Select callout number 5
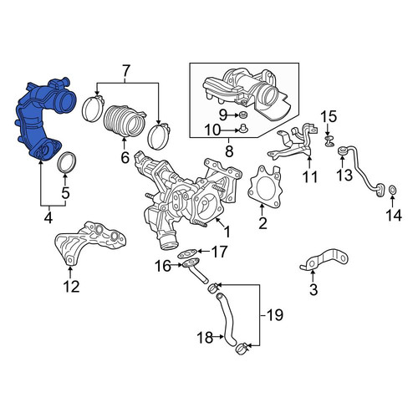click(x=65, y=192)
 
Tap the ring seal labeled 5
click(x=67, y=163)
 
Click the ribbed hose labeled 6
click(x=123, y=121)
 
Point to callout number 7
click(x=125, y=71)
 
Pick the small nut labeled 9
click(x=243, y=115)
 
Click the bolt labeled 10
click(x=243, y=129)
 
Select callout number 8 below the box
click(x=229, y=151)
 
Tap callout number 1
click(x=227, y=232)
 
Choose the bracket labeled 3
click(x=324, y=260)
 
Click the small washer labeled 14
click(x=392, y=191)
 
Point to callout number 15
click(x=329, y=117)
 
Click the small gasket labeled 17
click(x=187, y=254)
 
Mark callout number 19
click(x=275, y=315)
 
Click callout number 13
click(x=344, y=176)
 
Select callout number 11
click(x=310, y=176)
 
